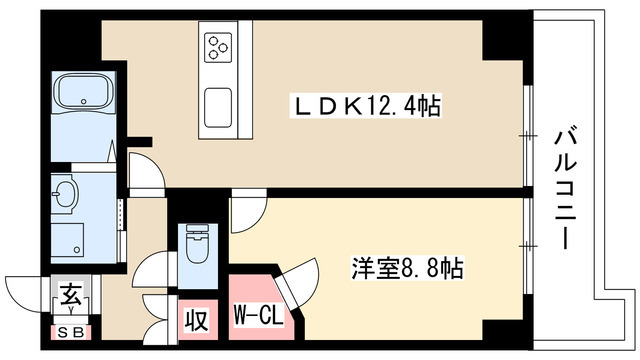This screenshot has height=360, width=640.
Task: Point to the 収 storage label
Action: coord(195,321)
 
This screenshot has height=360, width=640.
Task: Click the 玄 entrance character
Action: coord(71,296)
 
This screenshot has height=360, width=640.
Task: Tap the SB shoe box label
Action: coord(69,332)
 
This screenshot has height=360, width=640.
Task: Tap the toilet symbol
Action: coord(195,245)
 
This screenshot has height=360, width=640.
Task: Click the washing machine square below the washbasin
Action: coord(67,237)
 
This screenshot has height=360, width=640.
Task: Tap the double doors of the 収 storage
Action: coord(157,318)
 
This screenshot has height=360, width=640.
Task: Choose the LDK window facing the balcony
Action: coord(527,134)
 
